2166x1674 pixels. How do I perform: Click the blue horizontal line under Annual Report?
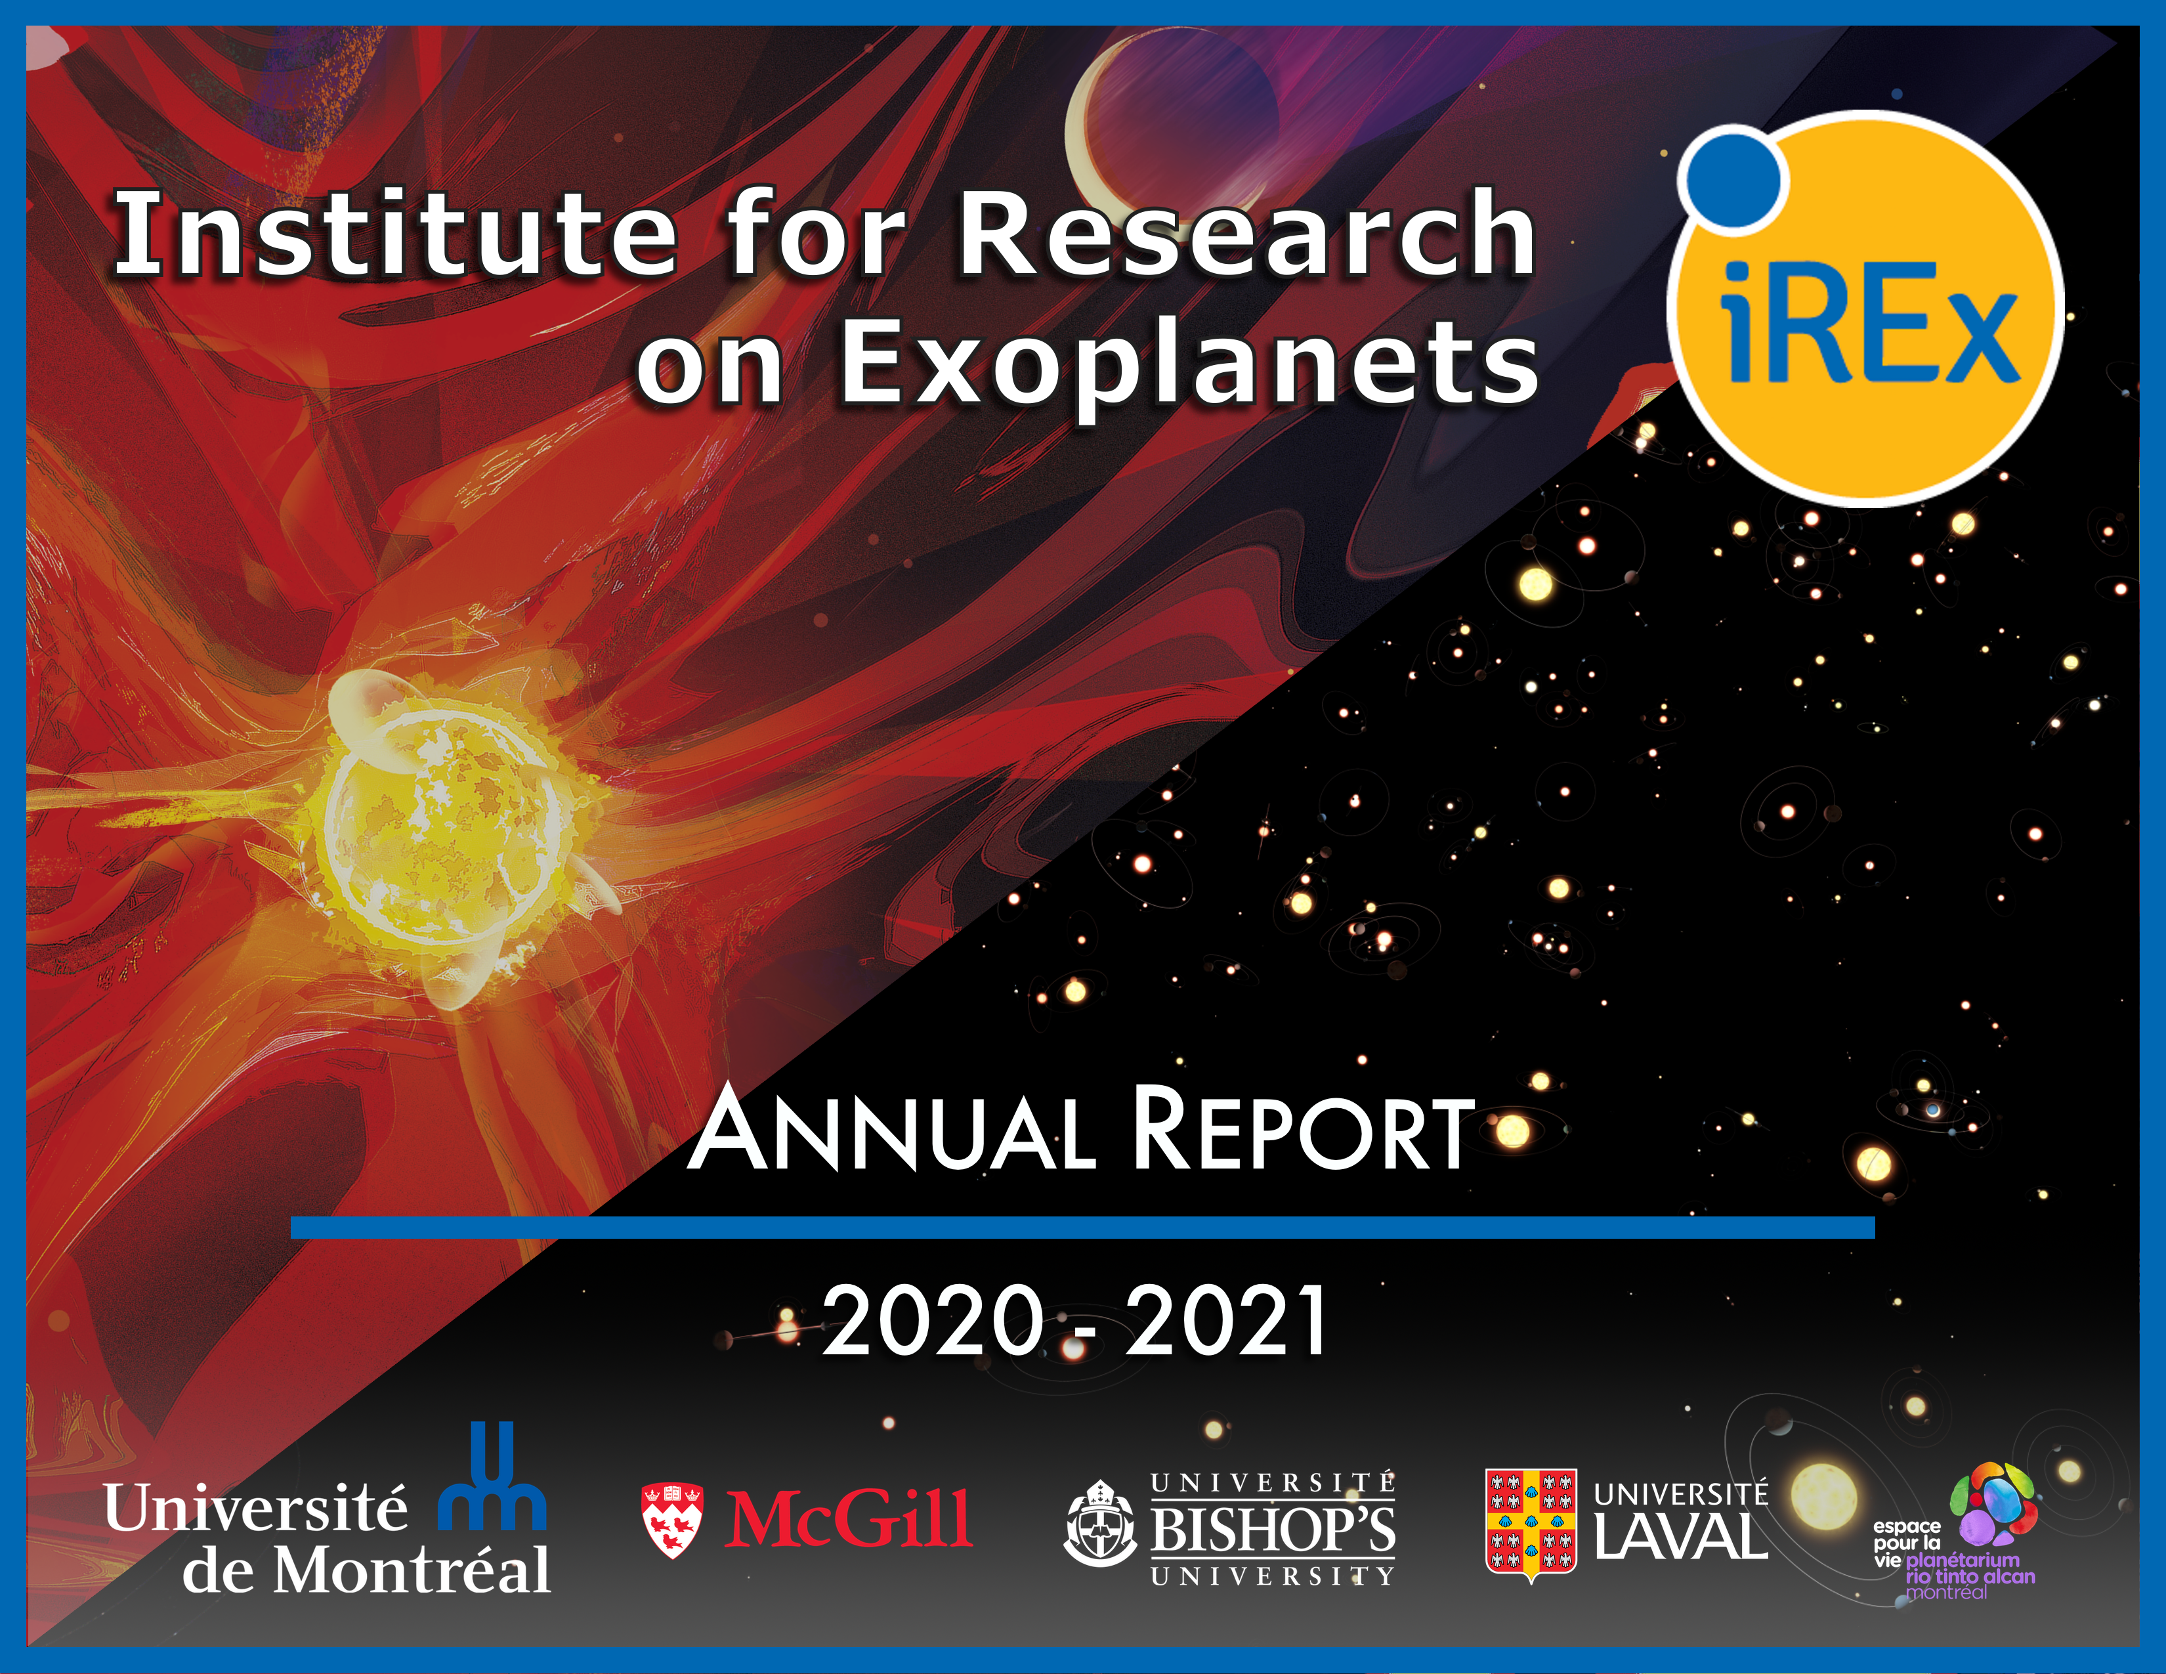click(1082, 1228)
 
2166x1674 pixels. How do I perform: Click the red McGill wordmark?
click(848, 1518)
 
